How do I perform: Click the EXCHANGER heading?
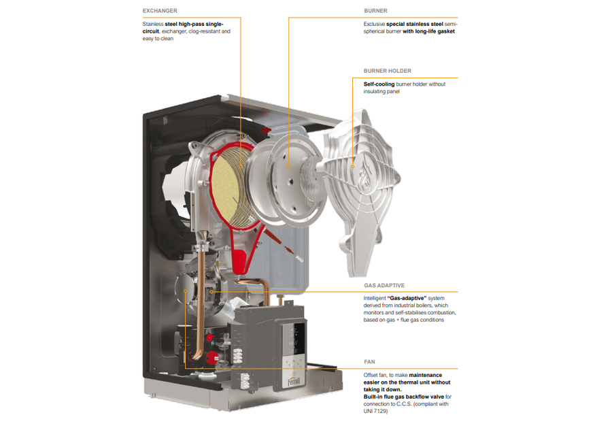click(160, 10)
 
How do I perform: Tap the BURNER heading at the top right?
click(375, 10)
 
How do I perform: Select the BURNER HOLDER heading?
click(387, 71)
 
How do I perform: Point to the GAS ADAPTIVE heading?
click(384, 286)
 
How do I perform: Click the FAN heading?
click(369, 362)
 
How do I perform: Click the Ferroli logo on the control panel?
click(294, 381)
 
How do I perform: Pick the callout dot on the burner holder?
click(352, 167)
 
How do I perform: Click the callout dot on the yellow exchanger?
click(241, 167)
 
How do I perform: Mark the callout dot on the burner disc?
click(289, 167)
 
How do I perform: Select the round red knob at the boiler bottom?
click(212, 357)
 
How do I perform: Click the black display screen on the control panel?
click(299, 339)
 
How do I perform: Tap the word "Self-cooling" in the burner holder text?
click(379, 84)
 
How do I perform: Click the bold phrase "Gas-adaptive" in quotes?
click(407, 298)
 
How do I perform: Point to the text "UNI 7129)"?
click(375, 411)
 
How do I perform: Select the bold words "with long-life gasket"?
click(428, 31)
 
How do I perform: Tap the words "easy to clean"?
click(158, 39)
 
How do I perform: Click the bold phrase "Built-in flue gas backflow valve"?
click(403, 397)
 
